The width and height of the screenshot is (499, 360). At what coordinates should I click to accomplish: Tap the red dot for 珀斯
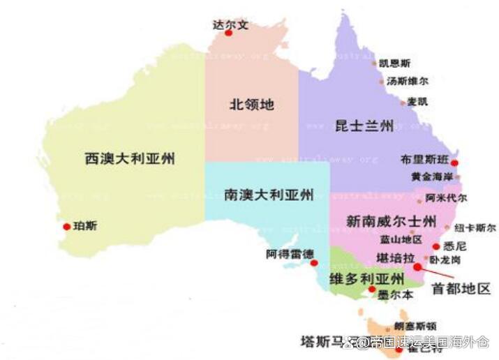(x=66, y=226)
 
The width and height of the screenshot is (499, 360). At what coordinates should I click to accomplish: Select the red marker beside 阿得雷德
(x=314, y=263)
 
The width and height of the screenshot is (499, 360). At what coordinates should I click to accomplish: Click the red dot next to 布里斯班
(x=454, y=163)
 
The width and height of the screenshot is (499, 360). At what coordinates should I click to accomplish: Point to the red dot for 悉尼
(x=435, y=246)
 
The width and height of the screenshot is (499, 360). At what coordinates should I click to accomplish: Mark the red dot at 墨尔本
(x=372, y=289)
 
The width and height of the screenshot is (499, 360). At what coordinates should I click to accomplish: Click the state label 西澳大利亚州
(x=129, y=158)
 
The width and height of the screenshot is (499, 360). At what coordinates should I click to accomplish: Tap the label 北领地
(x=252, y=105)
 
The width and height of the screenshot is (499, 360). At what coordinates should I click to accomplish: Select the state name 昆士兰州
(x=364, y=126)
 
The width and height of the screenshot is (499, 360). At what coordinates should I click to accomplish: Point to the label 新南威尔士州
(x=391, y=221)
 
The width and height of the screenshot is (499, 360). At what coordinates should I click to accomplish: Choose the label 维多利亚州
(x=366, y=279)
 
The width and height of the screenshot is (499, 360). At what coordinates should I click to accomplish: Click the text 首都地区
(x=461, y=288)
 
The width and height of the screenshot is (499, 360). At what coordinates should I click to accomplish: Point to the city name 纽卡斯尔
(x=475, y=227)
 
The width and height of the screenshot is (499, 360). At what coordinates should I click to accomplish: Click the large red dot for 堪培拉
(x=417, y=267)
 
